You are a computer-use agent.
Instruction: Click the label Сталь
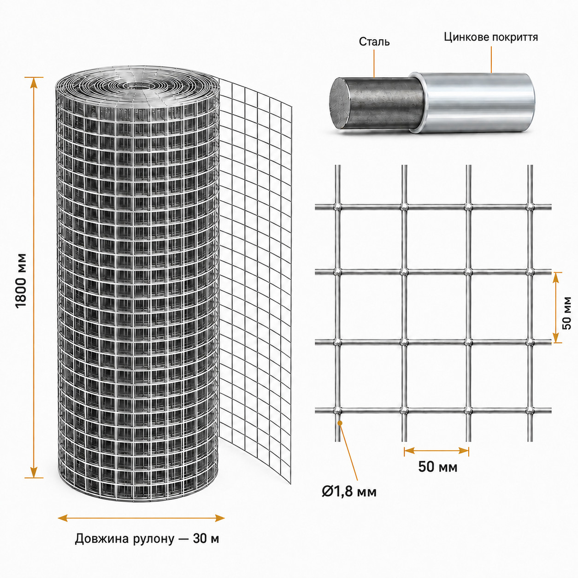pyautogui.click(x=374, y=42)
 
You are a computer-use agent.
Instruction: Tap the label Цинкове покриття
pyautogui.click(x=491, y=37)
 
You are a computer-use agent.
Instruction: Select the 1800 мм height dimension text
pyautogui.click(x=21, y=281)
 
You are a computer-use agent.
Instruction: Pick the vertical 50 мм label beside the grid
pyautogui.click(x=566, y=313)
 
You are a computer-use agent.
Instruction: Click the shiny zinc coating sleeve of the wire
pyautogui.click(x=473, y=102)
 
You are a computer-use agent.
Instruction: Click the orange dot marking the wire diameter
pyautogui.click(x=340, y=423)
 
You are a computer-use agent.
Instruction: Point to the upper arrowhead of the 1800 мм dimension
pyautogui.click(x=34, y=83)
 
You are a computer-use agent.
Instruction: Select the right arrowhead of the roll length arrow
pyautogui.click(x=219, y=518)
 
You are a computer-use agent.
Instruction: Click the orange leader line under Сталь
pyautogui.click(x=374, y=64)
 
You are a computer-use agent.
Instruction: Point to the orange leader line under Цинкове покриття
pyautogui.click(x=491, y=59)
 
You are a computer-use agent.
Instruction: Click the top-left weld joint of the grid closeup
pyautogui.click(x=338, y=206)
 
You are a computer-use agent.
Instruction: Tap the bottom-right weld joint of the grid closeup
pyautogui.click(x=531, y=410)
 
